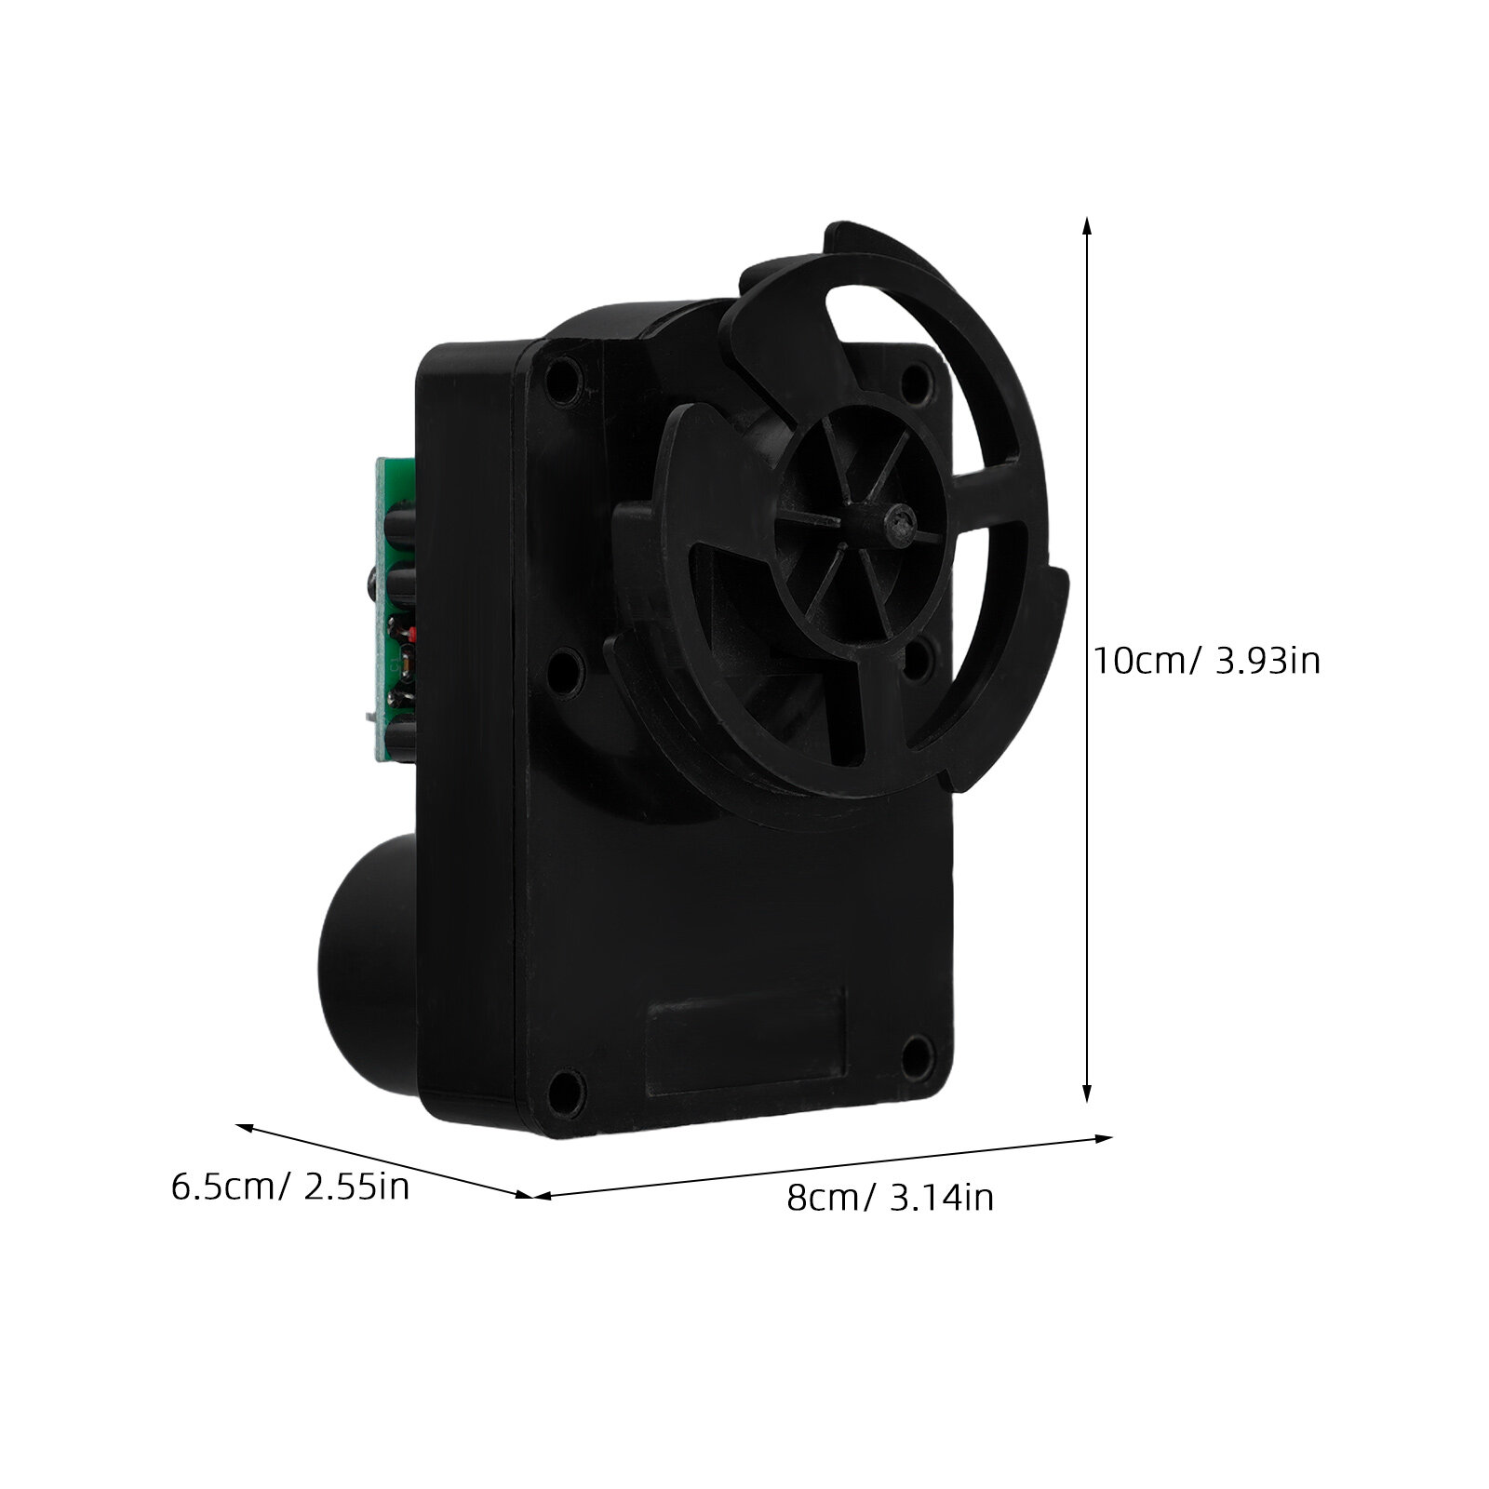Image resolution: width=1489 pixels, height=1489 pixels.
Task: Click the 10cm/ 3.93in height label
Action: pos(1206,661)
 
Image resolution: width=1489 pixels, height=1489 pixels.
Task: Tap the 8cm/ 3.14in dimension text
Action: pos(891,1197)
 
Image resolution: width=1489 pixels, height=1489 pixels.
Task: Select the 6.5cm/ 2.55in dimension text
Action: pos(290,1187)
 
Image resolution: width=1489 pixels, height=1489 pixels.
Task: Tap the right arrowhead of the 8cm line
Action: pos(1103,1138)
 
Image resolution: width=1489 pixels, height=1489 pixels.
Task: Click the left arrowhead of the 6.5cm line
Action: pos(247,1128)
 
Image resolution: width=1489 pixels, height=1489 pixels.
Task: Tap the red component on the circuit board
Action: pos(409,636)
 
